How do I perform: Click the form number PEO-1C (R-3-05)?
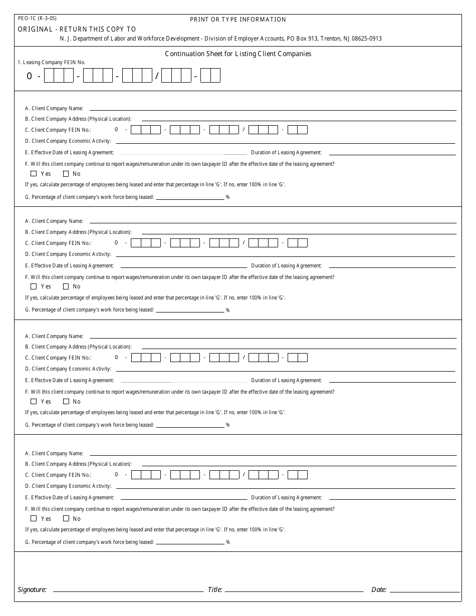37,18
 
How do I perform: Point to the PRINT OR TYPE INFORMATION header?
238,20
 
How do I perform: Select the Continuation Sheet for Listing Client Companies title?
238,54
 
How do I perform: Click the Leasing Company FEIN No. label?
52,63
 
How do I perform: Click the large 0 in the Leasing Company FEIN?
30,76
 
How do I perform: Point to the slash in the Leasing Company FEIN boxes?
157,76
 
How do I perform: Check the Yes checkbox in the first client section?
34,174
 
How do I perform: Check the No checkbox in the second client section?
66,286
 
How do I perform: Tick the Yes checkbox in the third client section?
34,401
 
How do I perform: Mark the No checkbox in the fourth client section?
66,518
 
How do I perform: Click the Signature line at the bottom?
128,591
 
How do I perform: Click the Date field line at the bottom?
424,591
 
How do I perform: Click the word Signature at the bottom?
32,590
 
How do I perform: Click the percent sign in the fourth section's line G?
228,542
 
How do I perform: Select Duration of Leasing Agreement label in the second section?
286,266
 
